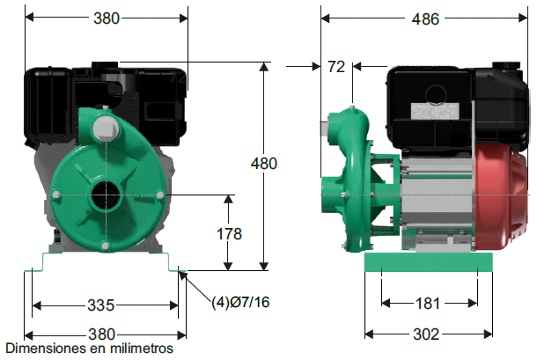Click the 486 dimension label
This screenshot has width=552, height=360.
pos(425,19)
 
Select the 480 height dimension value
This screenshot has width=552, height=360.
pos(264,164)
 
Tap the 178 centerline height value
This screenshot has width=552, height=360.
pos(229,234)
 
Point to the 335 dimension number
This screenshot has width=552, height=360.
pos(101,305)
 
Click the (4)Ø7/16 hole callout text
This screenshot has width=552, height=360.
pos(240,302)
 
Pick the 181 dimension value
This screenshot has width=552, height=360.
pos(428,304)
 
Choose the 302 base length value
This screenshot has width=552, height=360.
pos(426,334)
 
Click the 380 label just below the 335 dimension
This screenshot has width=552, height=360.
pos(102,334)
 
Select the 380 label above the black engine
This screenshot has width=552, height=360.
pos(107,18)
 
